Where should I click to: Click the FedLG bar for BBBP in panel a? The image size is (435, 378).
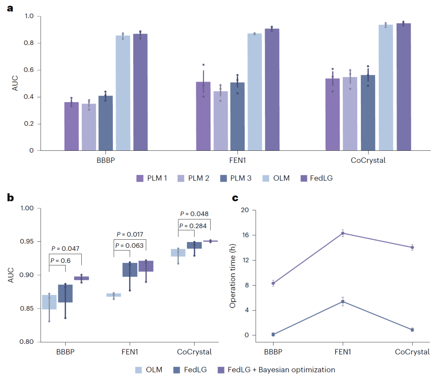click(x=140, y=92)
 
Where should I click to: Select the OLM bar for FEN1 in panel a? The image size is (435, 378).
click(x=255, y=92)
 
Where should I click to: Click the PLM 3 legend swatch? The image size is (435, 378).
click(x=224, y=178)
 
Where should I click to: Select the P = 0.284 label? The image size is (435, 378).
click(x=194, y=226)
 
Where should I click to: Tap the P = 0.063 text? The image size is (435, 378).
click(x=129, y=246)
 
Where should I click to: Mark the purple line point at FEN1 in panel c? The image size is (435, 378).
click(x=343, y=233)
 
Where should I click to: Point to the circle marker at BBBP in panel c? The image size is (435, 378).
click(x=273, y=283)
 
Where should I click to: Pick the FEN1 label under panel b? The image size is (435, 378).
click(x=130, y=352)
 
